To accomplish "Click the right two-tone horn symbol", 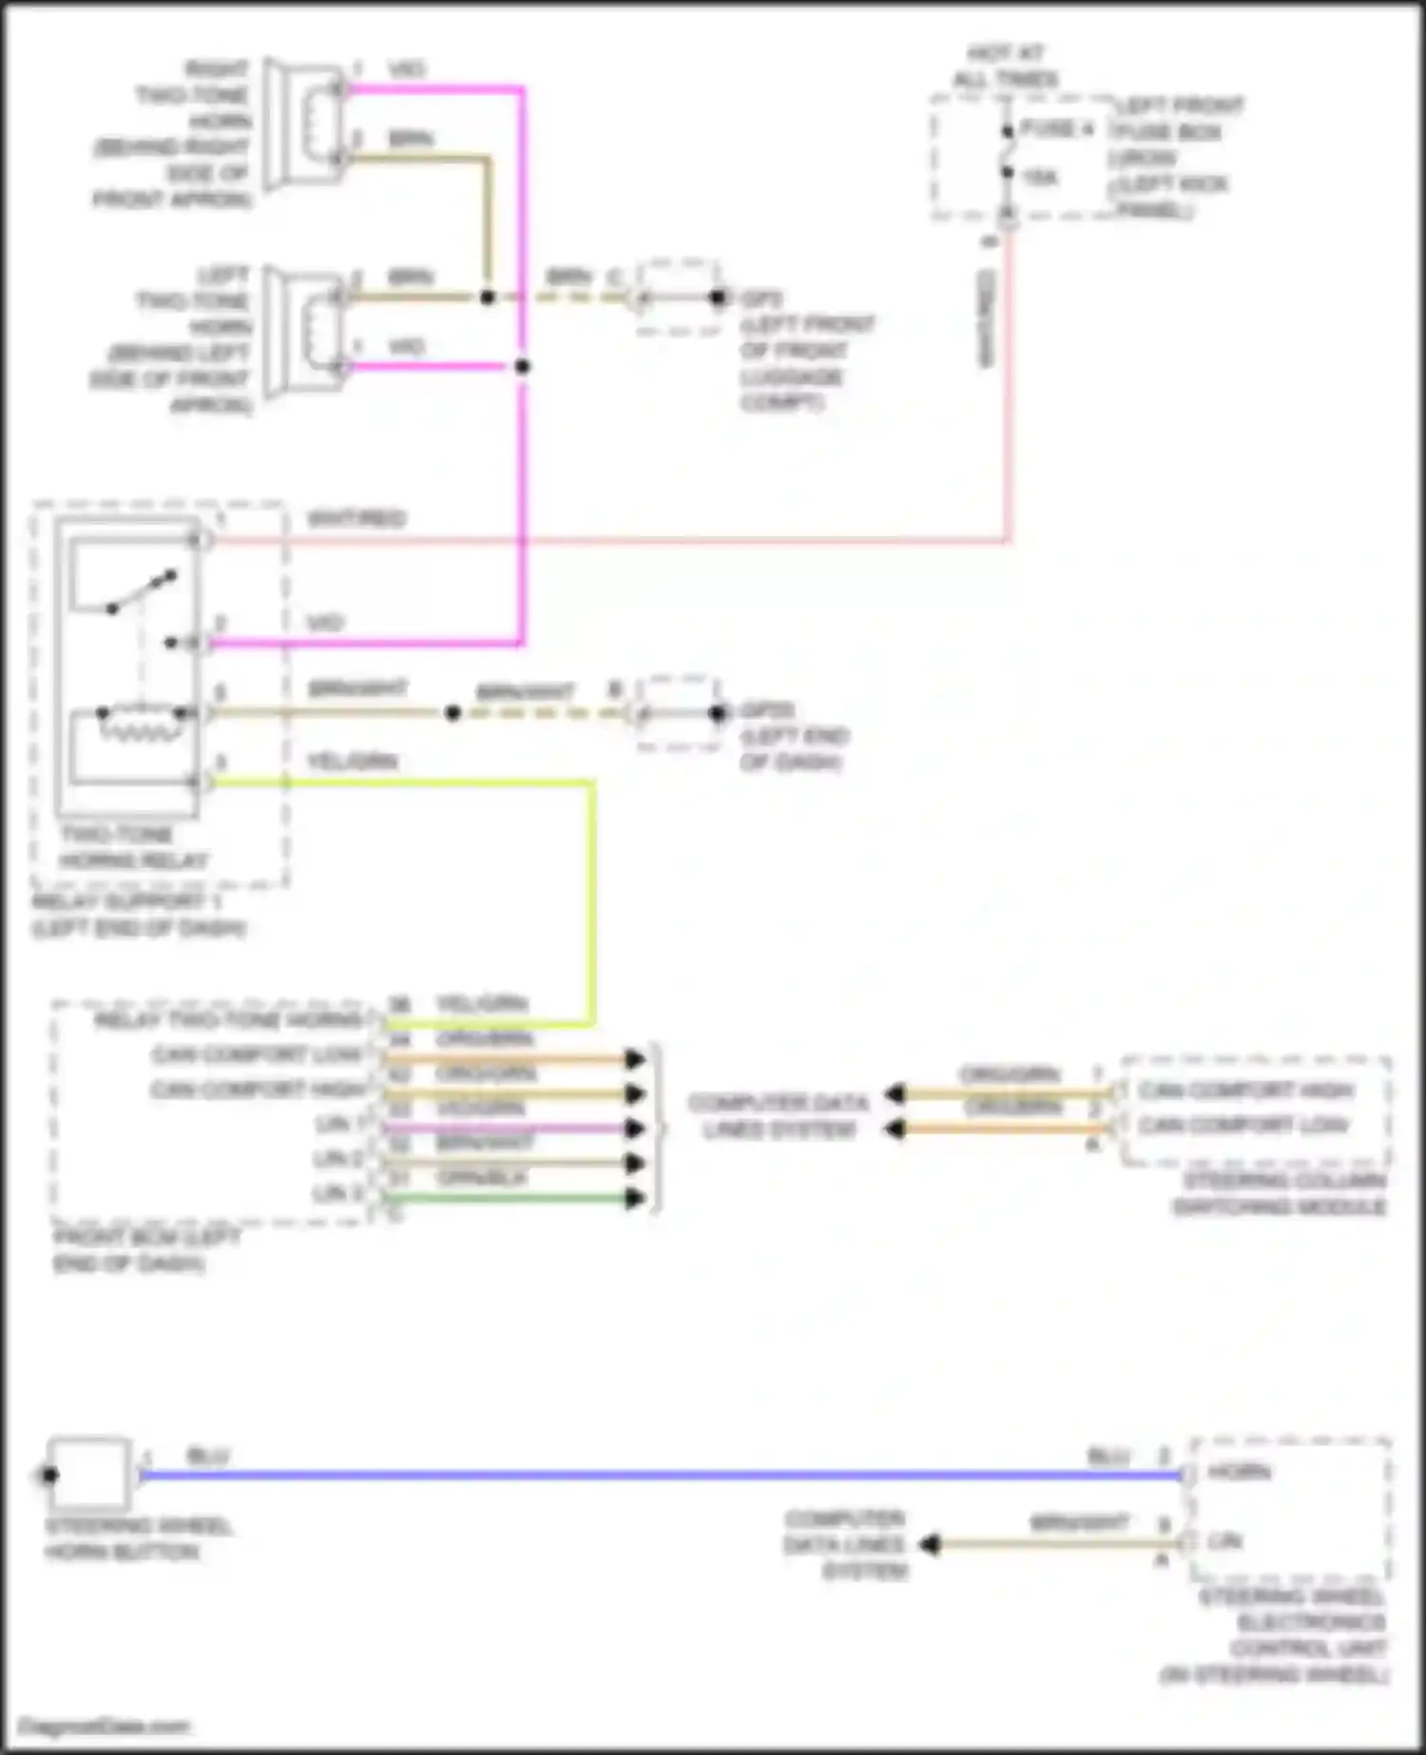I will [x=304, y=124].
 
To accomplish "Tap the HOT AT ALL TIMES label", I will [x=1005, y=67].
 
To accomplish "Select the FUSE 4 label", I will [x=1056, y=129].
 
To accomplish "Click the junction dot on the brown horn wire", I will [x=487, y=297].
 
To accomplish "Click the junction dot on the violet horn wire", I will [x=522, y=366].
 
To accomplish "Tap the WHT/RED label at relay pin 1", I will [x=356, y=519].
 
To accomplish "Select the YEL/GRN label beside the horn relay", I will [x=352, y=762].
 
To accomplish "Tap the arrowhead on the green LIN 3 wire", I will [x=634, y=1198].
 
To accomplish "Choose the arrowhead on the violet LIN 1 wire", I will [x=634, y=1128].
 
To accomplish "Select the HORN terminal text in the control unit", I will [x=1239, y=1473].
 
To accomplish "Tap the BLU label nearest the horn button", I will [x=207, y=1456].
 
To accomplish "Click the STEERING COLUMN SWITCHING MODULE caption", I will [x=1280, y=1194].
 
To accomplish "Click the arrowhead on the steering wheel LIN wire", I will [x=929, y=1545].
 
